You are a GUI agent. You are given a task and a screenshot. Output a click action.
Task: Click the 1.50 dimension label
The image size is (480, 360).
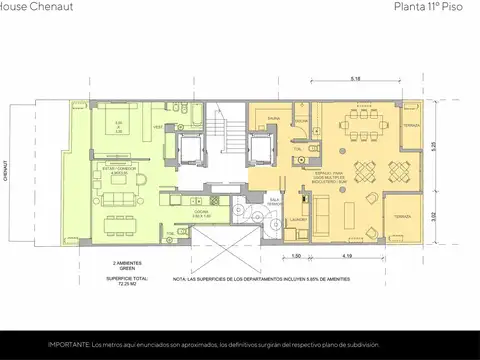[297, 258]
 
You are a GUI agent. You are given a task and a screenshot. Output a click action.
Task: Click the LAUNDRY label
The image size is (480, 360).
[298, 218]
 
